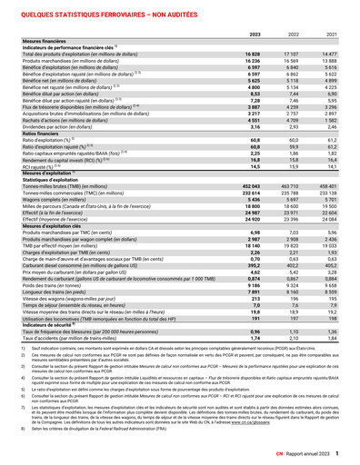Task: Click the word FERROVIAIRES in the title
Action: (x=121, y=10)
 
